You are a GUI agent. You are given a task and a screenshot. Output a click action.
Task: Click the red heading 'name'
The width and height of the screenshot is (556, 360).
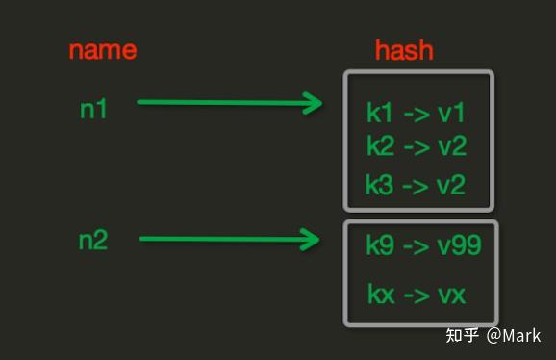(102, 49)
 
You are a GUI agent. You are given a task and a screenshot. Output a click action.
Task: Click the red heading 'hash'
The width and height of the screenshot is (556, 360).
(404, 49)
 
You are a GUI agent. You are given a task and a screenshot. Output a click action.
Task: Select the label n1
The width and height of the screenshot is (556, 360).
(93, 109)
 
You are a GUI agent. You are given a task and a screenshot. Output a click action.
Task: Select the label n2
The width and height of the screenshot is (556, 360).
(93, 241)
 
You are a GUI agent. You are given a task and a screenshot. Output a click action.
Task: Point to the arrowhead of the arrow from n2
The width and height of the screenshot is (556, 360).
(311, 239)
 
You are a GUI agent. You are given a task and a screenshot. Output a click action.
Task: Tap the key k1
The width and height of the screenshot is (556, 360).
(380, 114)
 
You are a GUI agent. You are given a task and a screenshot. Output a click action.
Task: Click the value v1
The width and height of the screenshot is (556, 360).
(450, 114)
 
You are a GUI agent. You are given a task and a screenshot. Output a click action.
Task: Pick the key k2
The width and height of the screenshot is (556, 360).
(381, 146)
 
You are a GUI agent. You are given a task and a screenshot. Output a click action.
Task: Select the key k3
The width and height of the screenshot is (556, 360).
(381, 185)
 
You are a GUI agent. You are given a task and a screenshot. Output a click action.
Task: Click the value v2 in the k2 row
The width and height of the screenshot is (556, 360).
(451, 146)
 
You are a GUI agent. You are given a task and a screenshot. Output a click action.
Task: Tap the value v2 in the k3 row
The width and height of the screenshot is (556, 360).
(451, 185)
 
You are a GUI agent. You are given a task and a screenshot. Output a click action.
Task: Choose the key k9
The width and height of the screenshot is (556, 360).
(381, 245)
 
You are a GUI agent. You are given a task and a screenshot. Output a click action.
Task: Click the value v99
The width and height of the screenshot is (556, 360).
(458, 245)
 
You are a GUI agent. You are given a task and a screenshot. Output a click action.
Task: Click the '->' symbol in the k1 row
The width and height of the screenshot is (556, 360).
(416, 114)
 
